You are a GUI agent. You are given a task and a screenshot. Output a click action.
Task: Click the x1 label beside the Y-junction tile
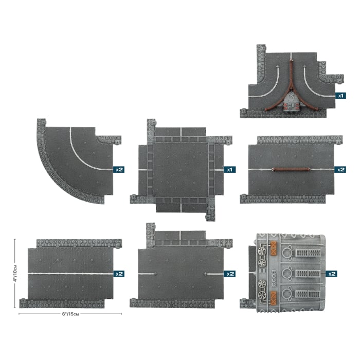pyautogui.click(x=340, y=96)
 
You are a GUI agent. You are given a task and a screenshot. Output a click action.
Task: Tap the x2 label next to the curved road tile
pyautogui.click(x=119, y=170)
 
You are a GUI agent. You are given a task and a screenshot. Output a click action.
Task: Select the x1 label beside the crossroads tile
pyautogui.click(x=229, y=170)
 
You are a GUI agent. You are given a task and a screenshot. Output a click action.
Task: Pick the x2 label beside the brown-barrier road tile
pyautogui.click(x=340, y=170)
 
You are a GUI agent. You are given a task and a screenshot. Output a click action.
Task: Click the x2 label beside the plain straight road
pyautogui.click(x=119, y=274)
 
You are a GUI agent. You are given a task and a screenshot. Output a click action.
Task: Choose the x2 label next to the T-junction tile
pyautogui.click(x=230, y=274)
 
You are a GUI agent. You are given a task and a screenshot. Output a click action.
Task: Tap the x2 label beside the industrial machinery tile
pyautogui.click(x=332, y=274)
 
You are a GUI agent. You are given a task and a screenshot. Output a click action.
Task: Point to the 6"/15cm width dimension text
pyautogui.click(x=70, y=314)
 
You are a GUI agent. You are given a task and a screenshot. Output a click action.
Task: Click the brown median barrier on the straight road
pyautogui.click(x=291, y=170)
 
